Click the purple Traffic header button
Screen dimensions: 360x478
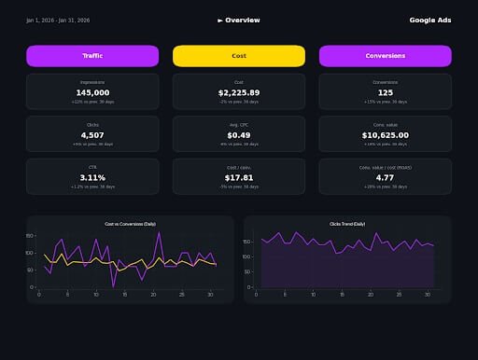click(x=92, y=56)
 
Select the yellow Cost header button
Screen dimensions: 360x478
click(x=239, y=56)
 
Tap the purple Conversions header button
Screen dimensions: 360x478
click(x=386, y=56)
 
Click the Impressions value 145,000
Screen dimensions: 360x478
click(x=92, y=92)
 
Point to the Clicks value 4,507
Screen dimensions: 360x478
click(x=92, y=134)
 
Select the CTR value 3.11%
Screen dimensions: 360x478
click(x=92, y=177)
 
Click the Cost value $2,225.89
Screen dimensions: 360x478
click(x=239, y=92)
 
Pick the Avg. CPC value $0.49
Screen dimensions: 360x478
click(x=239, y=134)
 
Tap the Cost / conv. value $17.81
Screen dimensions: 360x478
click(x=239, y=177)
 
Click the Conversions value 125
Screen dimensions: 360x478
click(x=386, y=92)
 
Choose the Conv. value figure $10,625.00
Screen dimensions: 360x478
click(x=386, y=134)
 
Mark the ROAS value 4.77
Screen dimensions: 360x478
click(x=386, y=177)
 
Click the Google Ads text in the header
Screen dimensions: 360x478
click(x=430, y=20)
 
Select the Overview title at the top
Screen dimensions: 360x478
click(x=239, y=20)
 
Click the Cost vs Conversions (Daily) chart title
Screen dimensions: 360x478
click(x=130, y=225)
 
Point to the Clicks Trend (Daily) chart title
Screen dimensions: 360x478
click(x=347, y=225)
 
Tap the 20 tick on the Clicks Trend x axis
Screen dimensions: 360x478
click(x=371, y=294)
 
